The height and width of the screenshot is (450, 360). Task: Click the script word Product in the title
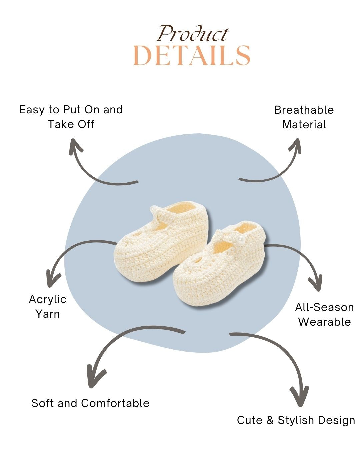pyautogui.click(x=193, y=34)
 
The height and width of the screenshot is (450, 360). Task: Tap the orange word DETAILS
pyautogui.click(x=192, y=56)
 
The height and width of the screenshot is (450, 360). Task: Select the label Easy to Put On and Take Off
pyautogui.click(x=71, y=117)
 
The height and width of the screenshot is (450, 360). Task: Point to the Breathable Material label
pyautogui.click(x=304, y=117)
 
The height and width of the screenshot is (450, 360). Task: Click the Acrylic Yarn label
pyautogui.click(x=48, y=306)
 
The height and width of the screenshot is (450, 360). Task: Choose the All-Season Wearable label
pyautogui.click(x=324, y=314)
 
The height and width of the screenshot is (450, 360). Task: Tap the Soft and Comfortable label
pyautogui.click(x=90, y=403)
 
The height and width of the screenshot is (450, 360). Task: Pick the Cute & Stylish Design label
pyautogui.click(x=296, y=420)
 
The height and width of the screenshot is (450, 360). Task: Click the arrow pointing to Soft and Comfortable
pyautogui.click(x=117, y=347)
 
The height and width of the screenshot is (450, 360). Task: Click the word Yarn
pyautogui.click(x=48, y=314)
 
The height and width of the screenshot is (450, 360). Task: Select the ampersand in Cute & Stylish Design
pyautogui.click(x=270, y=420)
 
